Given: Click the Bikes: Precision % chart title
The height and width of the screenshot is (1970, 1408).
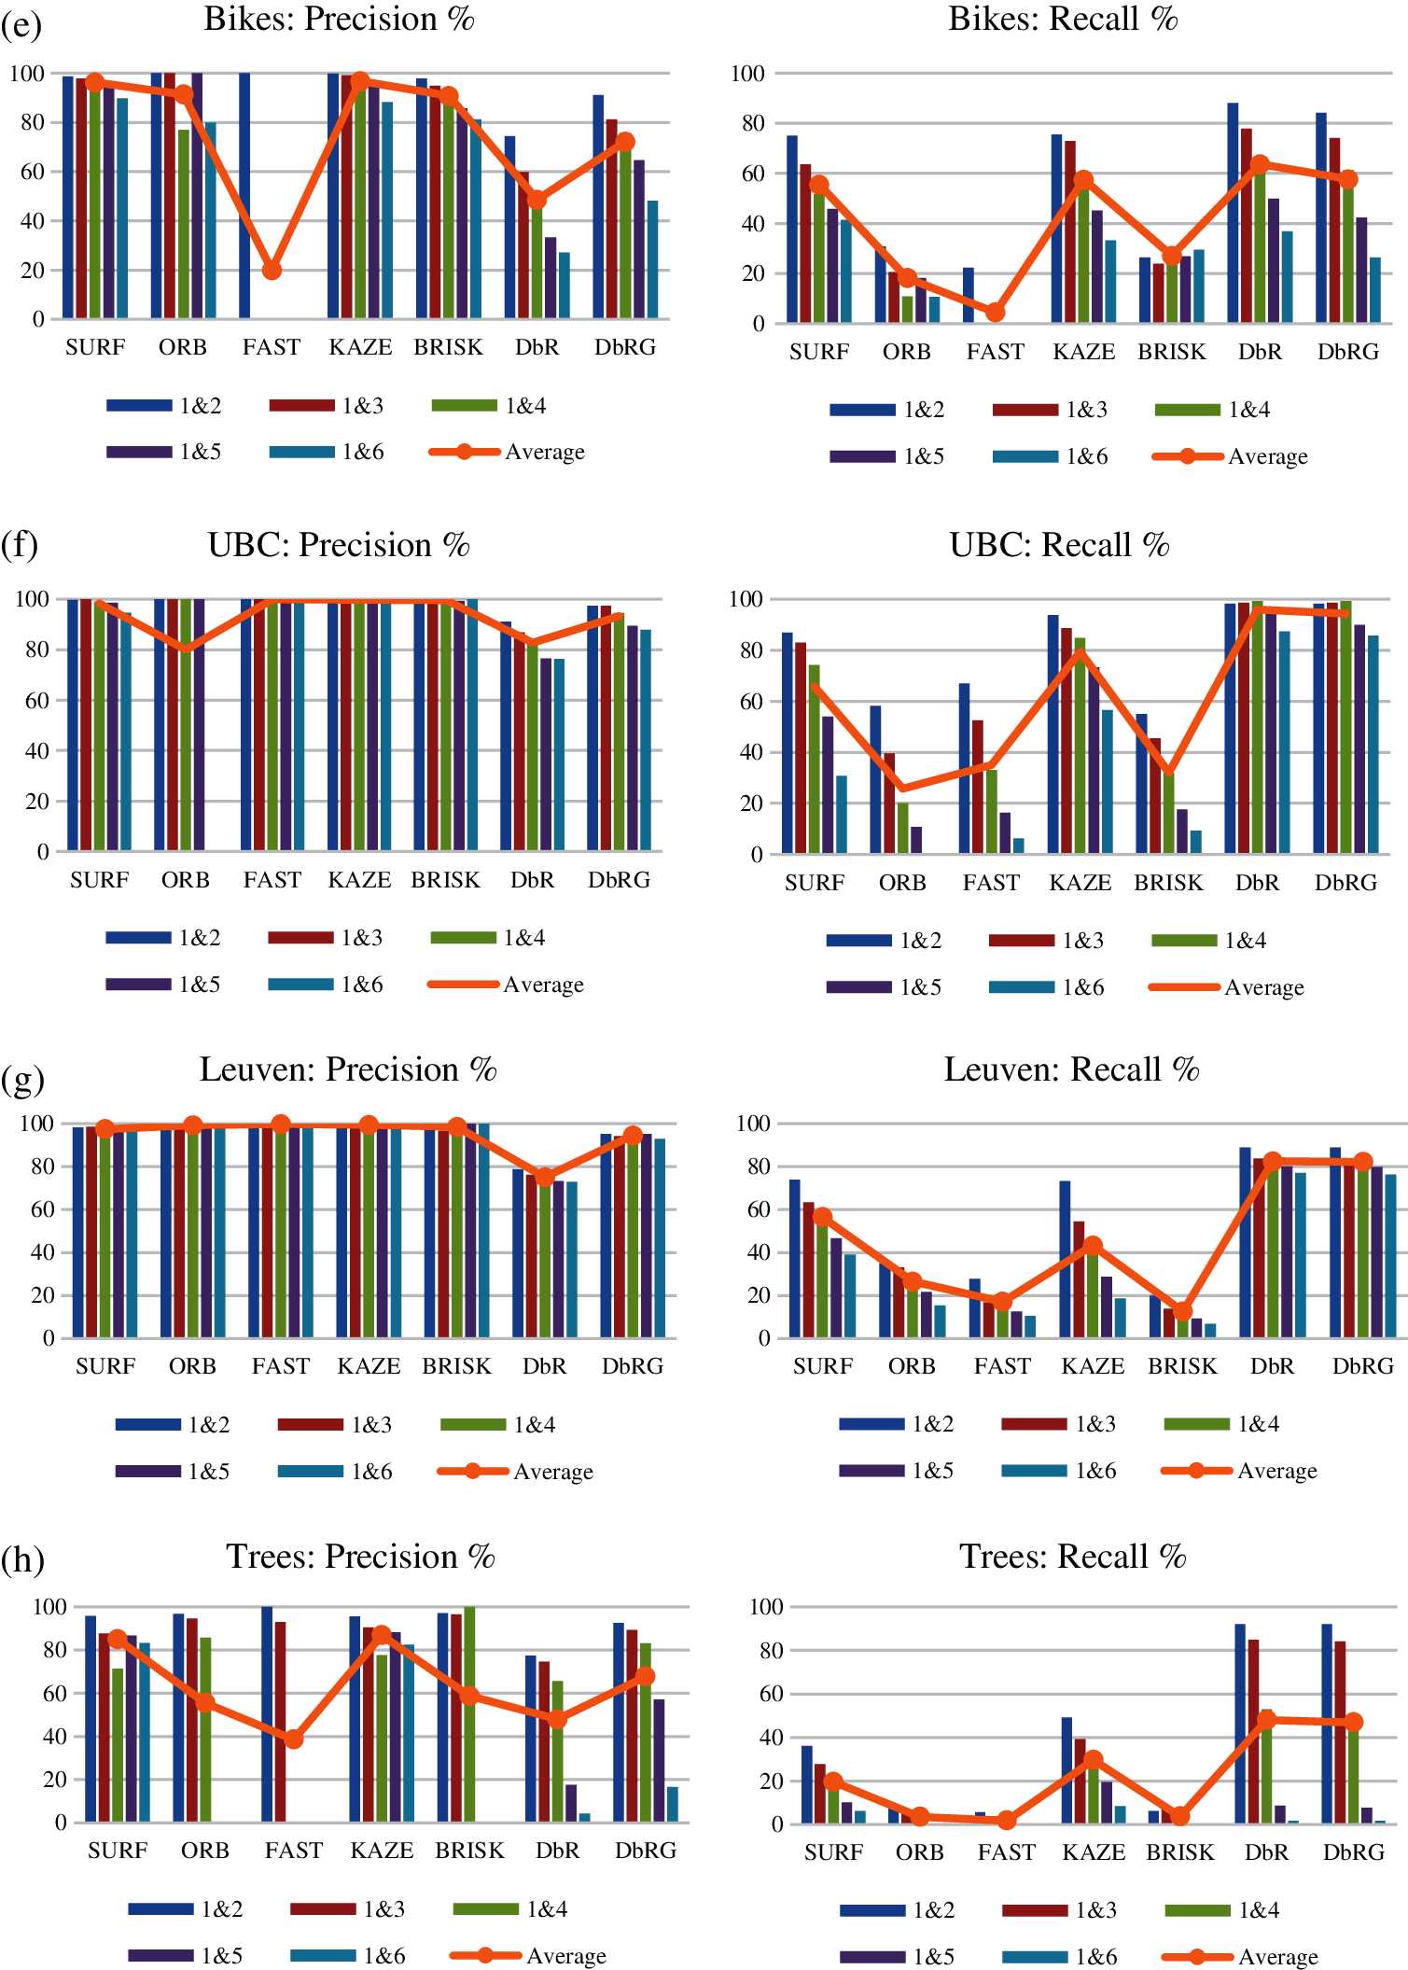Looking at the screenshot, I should [339, 20].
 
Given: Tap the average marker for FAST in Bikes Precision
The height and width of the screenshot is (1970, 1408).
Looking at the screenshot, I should [272, 271].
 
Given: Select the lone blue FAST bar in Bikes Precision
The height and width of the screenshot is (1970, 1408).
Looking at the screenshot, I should [244, 196].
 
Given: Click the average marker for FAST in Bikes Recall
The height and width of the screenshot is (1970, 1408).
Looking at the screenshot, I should [996, 313].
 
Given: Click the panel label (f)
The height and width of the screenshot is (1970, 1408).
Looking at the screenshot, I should [20, 544].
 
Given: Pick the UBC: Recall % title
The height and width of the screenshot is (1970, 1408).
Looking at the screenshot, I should [1059, 545].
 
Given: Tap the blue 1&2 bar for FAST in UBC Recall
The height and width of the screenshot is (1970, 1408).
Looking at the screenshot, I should [964, 767].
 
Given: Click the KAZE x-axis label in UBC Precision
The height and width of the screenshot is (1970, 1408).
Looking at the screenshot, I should [359, 880].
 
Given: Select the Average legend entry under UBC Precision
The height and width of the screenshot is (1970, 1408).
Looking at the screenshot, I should [507, 985].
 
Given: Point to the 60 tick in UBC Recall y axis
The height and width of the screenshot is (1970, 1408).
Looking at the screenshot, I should [751, 701].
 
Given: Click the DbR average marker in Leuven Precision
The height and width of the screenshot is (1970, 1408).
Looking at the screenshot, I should [545, 1177].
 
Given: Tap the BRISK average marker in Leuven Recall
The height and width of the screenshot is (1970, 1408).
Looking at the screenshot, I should [1182, 1311].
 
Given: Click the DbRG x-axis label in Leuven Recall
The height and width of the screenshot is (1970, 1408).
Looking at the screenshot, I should [1362, 1366].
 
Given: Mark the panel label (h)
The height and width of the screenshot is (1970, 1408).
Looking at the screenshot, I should [22, 1559].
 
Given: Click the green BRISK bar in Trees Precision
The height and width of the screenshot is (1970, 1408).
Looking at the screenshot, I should [469, 1713].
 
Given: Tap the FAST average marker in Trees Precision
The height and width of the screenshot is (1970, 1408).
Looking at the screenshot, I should [294, 1739].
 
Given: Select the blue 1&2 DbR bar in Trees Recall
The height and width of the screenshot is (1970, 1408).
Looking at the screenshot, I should [1240, 1723].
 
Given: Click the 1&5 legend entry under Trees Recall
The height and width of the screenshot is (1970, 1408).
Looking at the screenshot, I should [897, 1957].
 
